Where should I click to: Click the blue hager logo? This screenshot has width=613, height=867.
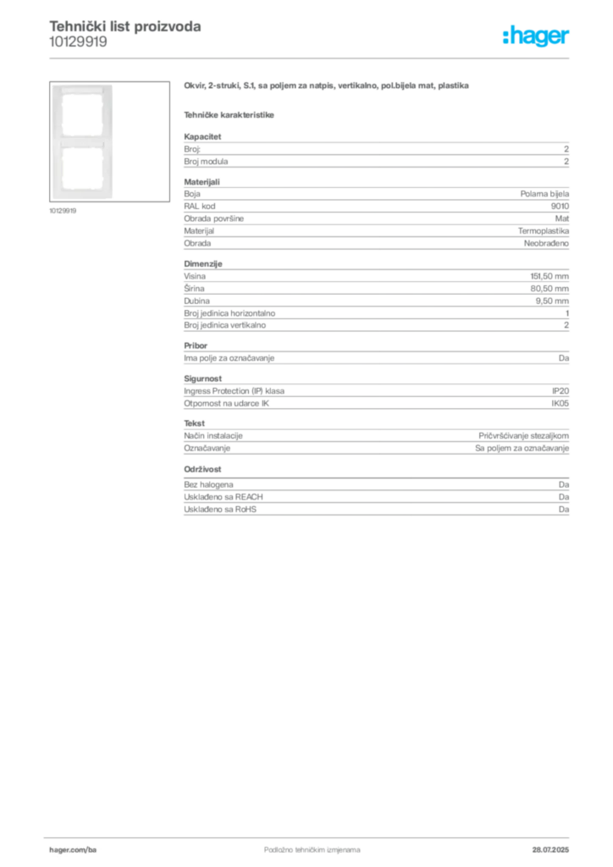[x=538, y=36]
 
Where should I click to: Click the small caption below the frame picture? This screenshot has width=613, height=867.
[x=64, y=211]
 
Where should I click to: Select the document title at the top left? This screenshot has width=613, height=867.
[x=125, y=27]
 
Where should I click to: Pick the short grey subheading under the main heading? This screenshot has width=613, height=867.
[x=229, y=114]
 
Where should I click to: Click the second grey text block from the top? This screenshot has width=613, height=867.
[x=375, y=216]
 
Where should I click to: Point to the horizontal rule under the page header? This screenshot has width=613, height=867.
[x=339, y=58]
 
